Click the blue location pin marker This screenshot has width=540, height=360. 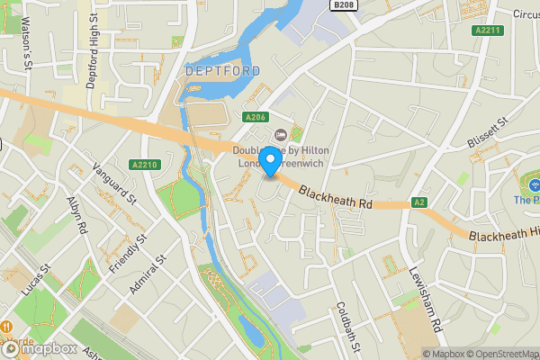[269, 162]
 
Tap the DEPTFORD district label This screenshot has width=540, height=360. [222, 70]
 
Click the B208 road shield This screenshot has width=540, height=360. [343, 5]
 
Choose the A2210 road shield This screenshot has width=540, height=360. [144, 165]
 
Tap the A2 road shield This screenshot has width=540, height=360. [418, 202]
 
